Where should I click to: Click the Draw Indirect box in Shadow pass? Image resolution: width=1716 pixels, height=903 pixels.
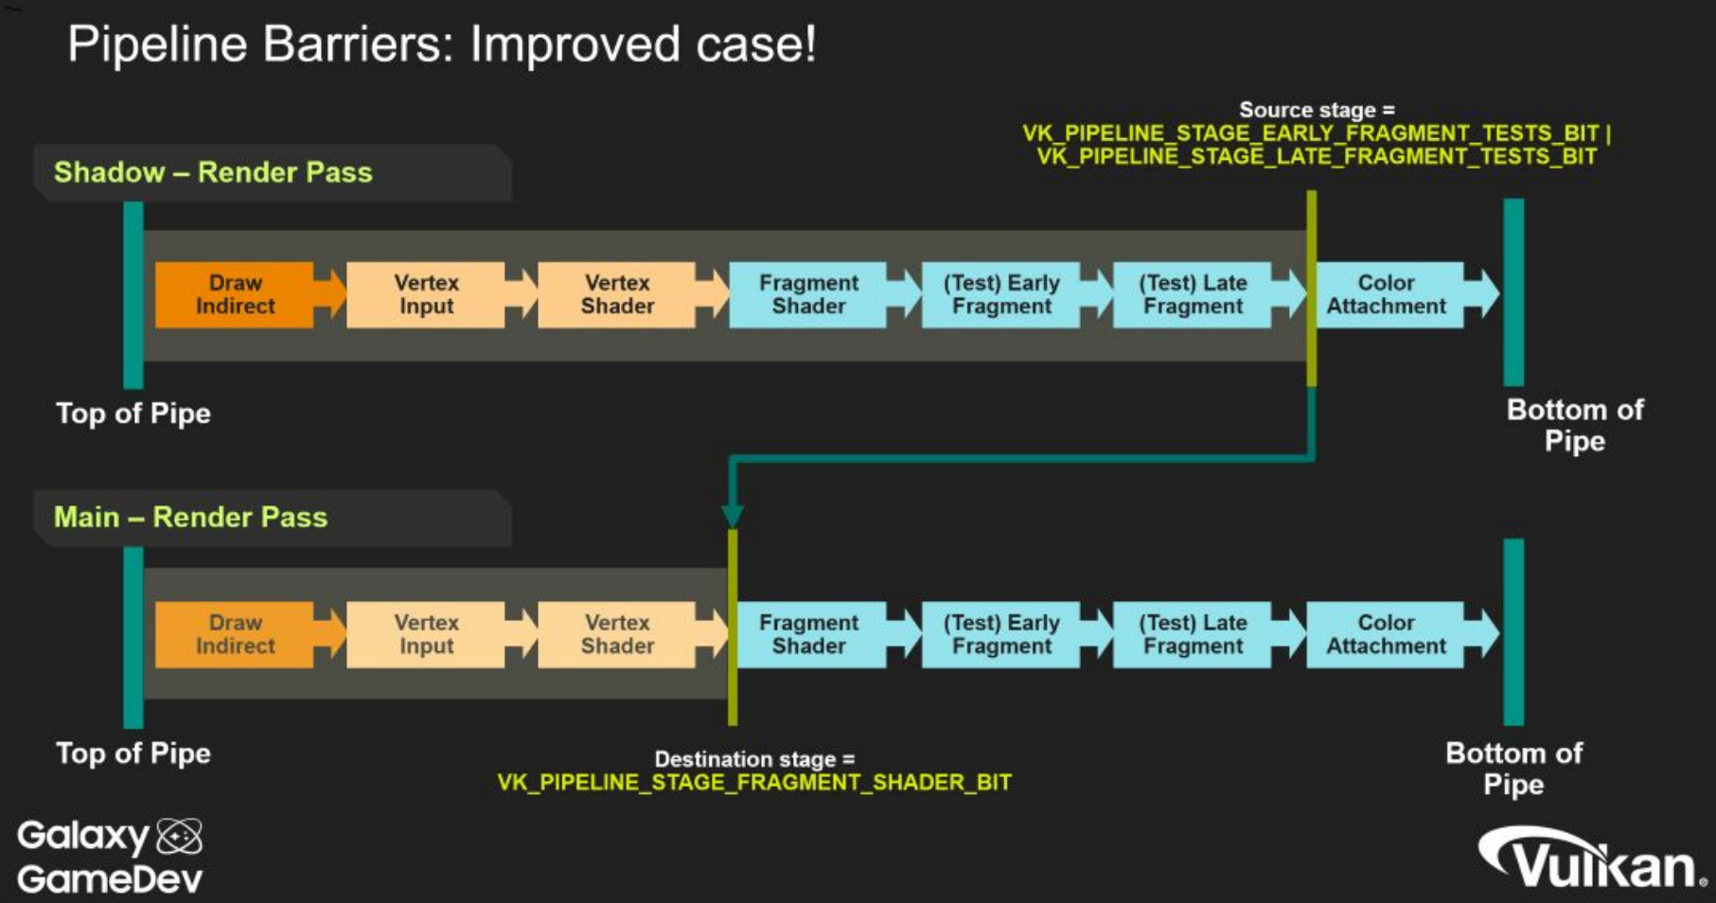coord(235,294)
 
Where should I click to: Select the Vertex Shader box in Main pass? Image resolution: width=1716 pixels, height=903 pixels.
coord(617,634)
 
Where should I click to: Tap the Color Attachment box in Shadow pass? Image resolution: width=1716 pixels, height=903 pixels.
coord(1386,294)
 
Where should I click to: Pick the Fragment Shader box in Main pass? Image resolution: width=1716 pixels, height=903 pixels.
coord(808,634)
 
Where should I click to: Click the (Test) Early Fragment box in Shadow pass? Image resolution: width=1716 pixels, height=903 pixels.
coord(1001,294)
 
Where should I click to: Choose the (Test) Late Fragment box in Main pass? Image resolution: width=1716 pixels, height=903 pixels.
coord(1193,634)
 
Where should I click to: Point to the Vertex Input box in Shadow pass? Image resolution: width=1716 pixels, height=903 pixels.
coord(426,294)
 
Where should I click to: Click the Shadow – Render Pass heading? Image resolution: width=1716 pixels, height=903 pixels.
coord(213,172)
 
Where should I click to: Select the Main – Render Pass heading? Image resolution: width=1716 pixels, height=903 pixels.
coord(190,517)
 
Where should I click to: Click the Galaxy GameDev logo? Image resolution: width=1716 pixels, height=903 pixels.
coord(110,857)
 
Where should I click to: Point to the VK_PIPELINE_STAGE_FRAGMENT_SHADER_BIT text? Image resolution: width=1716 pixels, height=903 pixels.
coord(754,783)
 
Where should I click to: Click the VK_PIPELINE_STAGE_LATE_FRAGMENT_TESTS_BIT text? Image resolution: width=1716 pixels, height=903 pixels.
coord(1317,156)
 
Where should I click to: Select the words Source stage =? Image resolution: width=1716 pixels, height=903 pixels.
coord(1317,110)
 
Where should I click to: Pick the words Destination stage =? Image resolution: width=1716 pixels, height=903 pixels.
coord(754,759)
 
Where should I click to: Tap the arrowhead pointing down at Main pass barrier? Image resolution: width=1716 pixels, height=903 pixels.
coord(733,515)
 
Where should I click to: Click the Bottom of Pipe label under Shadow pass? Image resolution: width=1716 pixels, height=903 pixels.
coord(1575,425)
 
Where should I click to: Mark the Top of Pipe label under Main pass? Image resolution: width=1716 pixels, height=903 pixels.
coord(133,753)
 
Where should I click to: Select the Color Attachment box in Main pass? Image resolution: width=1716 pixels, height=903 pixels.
coord(1386,634)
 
